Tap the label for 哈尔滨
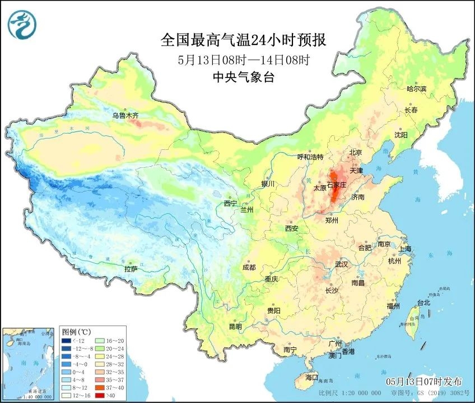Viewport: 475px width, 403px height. [x=416, y=89]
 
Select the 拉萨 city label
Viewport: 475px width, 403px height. [x=131, y=269]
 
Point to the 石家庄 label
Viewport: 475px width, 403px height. [x=338, y=184]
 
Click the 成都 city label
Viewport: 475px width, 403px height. [x=250, y=268]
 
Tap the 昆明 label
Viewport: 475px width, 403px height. [x=235, y=326]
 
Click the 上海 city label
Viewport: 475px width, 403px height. [x=404, y=249]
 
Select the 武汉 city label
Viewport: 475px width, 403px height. [x=341, y=264]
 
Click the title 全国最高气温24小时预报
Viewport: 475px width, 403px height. [x=243, y=40]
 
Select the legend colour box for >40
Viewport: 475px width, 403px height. [x=97, y=395]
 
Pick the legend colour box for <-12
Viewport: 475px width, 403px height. [x=66, y=340]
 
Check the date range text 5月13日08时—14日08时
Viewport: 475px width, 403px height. [x=244, y=59]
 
